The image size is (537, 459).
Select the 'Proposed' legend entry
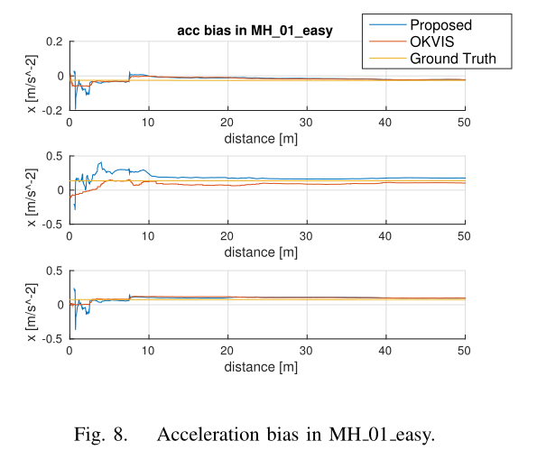click(x=440, y=25)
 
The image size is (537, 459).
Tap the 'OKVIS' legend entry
click(x=434, y=42)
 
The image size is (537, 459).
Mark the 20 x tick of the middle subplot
click(x=227, y=236)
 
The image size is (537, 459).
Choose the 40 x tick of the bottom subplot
click(x=385, y=351)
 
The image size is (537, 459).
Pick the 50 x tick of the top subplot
click(x=464, y=123)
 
